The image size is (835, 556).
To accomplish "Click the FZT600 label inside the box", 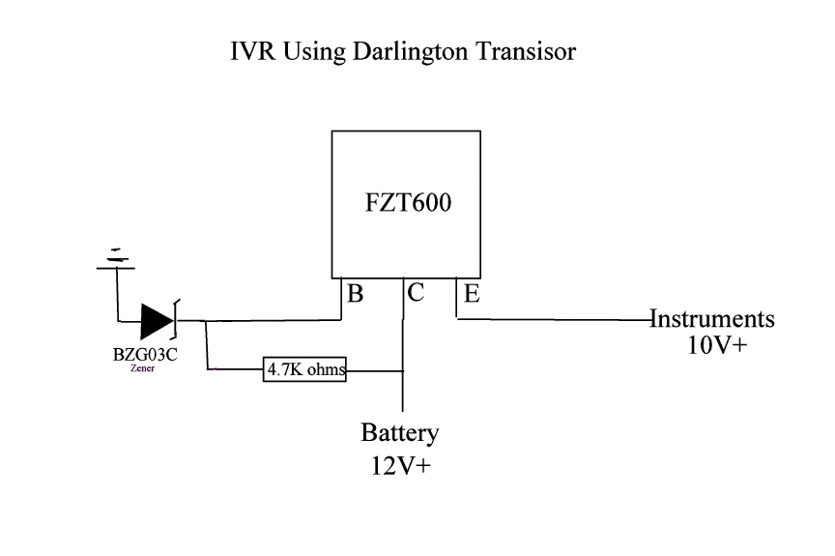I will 409,206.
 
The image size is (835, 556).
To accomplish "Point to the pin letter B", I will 355,295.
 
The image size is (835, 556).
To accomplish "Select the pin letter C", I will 415,294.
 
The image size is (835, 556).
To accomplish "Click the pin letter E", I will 472,295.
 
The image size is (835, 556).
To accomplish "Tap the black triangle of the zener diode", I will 155,320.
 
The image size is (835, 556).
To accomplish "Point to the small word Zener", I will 142,368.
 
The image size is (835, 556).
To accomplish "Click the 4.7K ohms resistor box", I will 304,368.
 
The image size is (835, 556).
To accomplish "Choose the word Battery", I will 400,432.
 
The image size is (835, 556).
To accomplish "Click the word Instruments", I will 713,318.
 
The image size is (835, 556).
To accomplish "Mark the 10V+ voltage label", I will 716,345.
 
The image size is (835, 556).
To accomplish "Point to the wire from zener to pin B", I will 271,320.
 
